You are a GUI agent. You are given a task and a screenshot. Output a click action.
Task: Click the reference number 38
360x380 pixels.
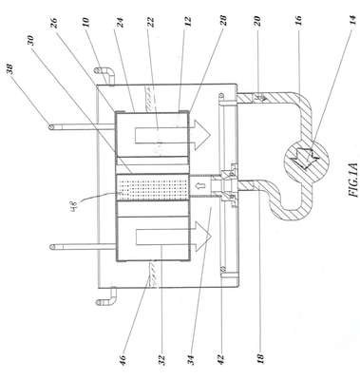click(10, 69)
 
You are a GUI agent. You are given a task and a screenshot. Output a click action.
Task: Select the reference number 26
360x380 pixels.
click(55, 24)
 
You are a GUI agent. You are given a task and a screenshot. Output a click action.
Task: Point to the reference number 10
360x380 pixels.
click(86, 23)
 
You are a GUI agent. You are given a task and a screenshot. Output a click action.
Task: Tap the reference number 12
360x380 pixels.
click(189, 22)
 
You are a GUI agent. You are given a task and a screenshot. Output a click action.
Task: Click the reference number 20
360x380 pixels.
click(257, 22)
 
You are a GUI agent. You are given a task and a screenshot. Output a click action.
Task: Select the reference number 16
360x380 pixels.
click(298, 22)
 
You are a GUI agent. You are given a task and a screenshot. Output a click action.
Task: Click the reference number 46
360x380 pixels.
click(123, 360)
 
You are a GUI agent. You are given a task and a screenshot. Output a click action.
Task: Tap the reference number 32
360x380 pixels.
click(161, 360)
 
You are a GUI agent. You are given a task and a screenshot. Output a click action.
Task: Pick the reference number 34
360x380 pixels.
click(191, 360)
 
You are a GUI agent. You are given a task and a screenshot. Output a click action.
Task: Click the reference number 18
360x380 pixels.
click(261, 358)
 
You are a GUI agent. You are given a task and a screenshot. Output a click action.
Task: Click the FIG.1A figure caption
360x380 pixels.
click(353, 180)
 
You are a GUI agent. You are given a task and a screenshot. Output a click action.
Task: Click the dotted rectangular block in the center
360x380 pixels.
click(153, 187)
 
